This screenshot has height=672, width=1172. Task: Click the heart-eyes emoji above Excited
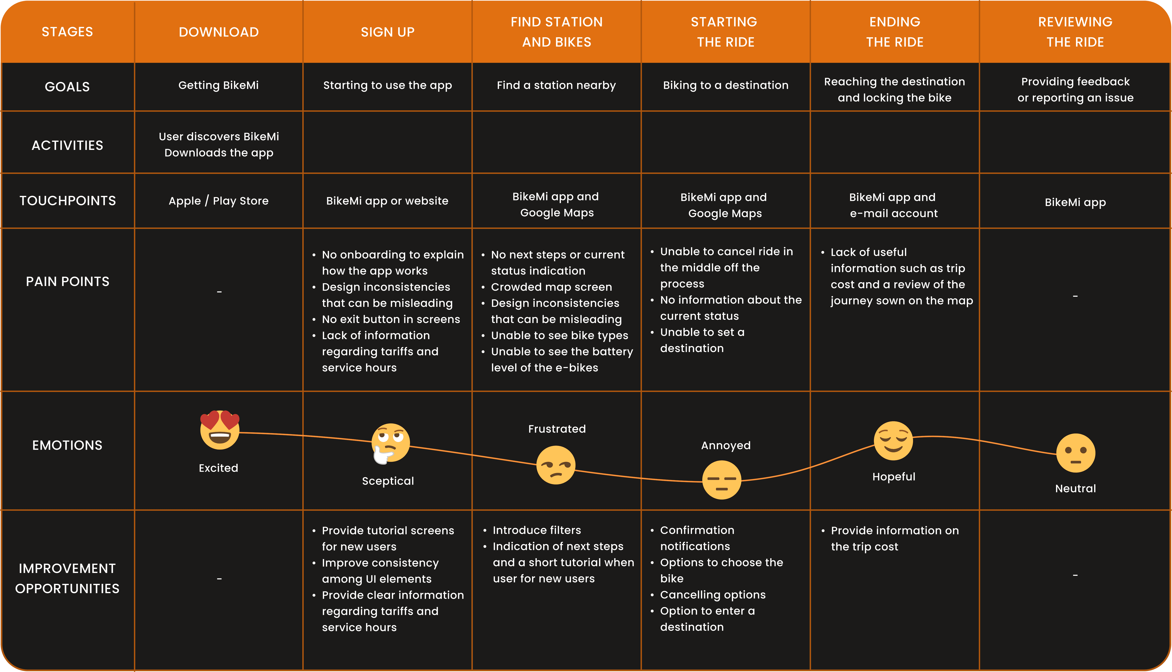click(x=220, y=430)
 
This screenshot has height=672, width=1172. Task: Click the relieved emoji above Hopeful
click(x=893, y=441)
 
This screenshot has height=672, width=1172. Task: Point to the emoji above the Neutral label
click(x=1076, y=453)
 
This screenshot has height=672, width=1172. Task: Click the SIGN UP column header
click(x=388, y=32)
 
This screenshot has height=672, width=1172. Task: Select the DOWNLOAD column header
click(x=219, y=32)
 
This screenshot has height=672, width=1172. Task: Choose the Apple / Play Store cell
click(x=219, y=201)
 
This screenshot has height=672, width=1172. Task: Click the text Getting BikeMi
click(x=219, y=85)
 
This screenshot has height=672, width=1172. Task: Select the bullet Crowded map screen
click(x=551, y=287)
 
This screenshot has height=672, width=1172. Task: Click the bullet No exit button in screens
click(x=391, y=319)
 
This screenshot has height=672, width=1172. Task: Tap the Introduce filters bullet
click(x=537, y=530)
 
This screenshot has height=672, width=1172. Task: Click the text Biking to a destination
click(x=725, y=85)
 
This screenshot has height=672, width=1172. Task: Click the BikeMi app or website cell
click(x=387, y=201)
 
